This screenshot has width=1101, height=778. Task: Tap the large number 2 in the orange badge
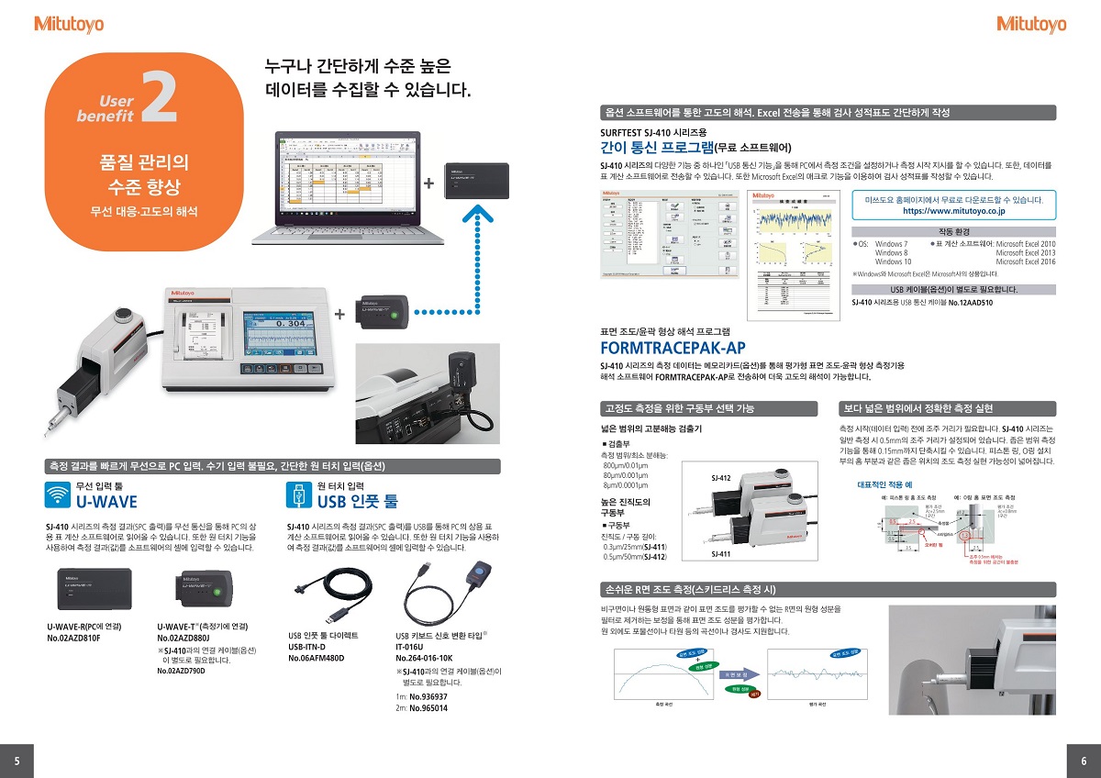click(x=160, y=103)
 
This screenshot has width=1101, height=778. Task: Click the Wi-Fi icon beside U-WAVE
click(x=57, y=494)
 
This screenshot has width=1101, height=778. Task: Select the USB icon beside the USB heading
click(x=299, y=494)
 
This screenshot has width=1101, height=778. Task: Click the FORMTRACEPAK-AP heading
click(x=673, y=348)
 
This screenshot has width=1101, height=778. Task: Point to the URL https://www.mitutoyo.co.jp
click(x=954, y=210)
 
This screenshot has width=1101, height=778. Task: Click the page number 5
click(x=17, y=760)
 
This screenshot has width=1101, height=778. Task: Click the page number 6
click(x=1084, y=760)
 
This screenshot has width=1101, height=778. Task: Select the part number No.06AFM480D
click(x=317, y=658)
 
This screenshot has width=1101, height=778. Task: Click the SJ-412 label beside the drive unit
click(x=720, y=478)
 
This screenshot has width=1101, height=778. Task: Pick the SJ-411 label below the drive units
click(x=720, y=555)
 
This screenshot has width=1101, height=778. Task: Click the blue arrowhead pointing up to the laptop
click(x=473, y=215)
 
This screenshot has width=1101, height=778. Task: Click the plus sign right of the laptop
click(x=428, y=183)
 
